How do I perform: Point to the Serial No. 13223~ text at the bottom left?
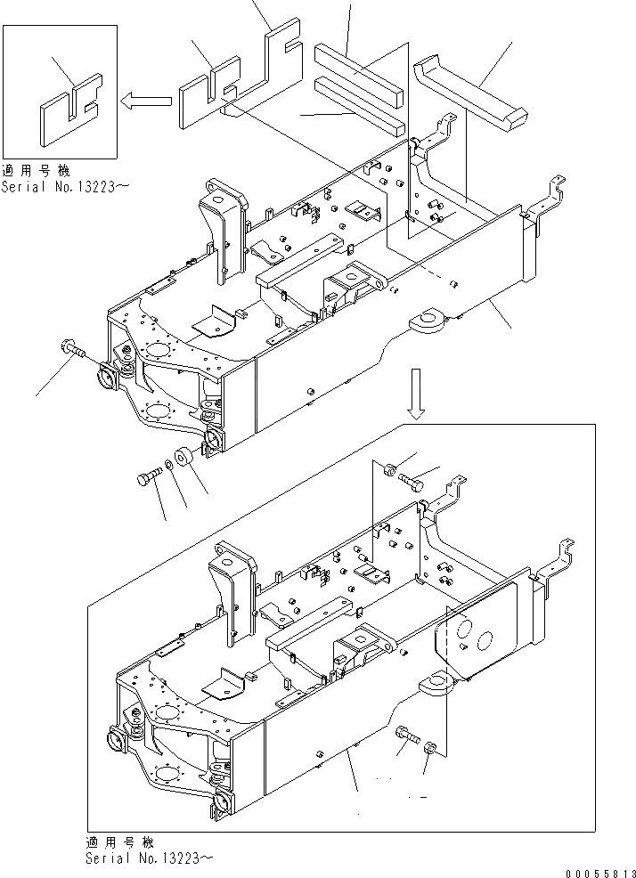pos(150,858)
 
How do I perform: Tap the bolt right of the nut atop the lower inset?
pos(412,482)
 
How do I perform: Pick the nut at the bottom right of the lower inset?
pos(429,749)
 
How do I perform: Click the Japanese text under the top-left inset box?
pos(37,171)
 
